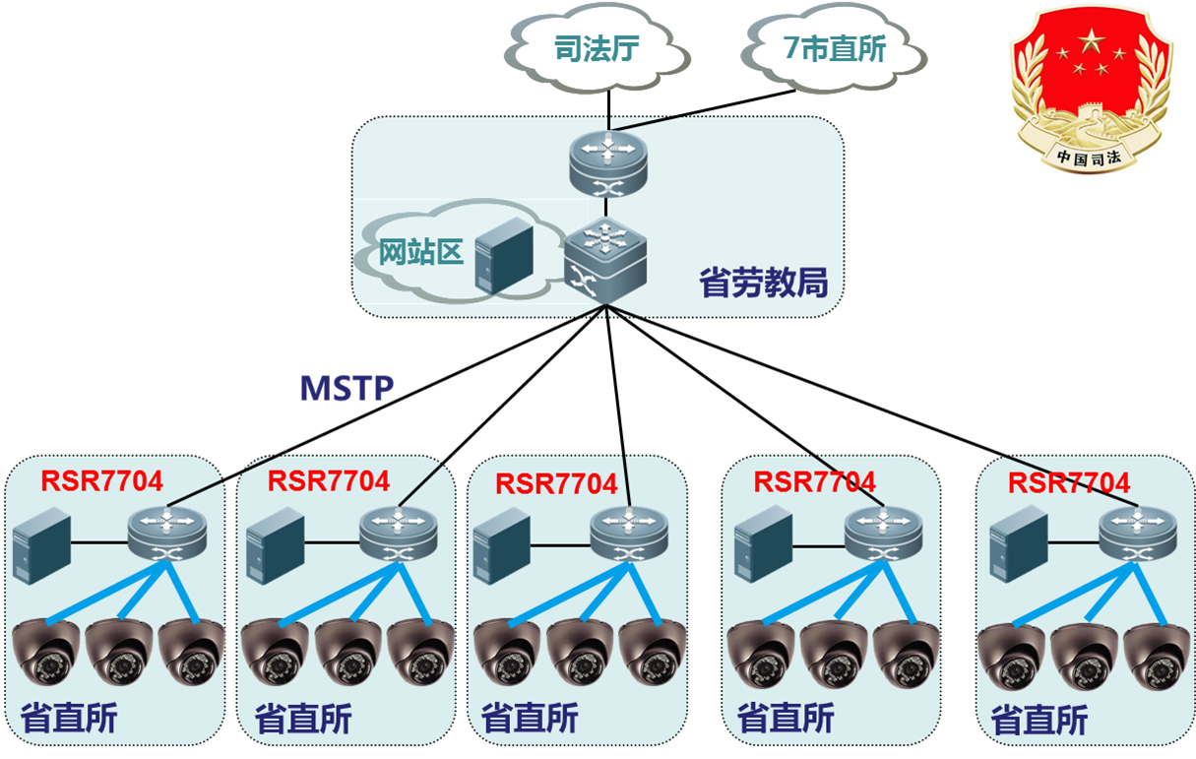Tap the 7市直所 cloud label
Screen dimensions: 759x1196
(836, 49)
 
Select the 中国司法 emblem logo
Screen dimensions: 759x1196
(1091, 91)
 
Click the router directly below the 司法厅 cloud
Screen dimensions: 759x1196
(608, 161)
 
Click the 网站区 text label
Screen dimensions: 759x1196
(421, 252)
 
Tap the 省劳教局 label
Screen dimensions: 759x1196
(763, 284)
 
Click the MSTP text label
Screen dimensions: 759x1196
(346, 388)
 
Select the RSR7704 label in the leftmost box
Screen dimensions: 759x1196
(102, 480)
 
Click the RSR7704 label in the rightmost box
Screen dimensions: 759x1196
(1069, 483)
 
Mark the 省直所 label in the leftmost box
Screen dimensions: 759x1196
(68, 718)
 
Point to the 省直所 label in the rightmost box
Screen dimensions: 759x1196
(1039, 721)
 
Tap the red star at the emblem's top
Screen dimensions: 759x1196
(1091, 41)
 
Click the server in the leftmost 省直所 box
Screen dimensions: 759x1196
(42, 540)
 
